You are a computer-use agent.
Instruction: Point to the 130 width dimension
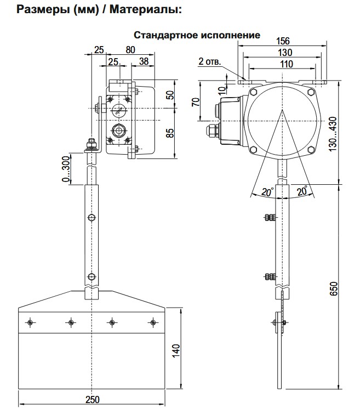point(284,52)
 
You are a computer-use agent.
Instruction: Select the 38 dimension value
point(144,62)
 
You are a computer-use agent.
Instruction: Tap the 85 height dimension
point(170,133)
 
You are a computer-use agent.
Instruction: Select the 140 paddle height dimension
point(176,349)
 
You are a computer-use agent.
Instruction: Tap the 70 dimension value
point(196,102)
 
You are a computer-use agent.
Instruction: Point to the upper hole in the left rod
point(92,218)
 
